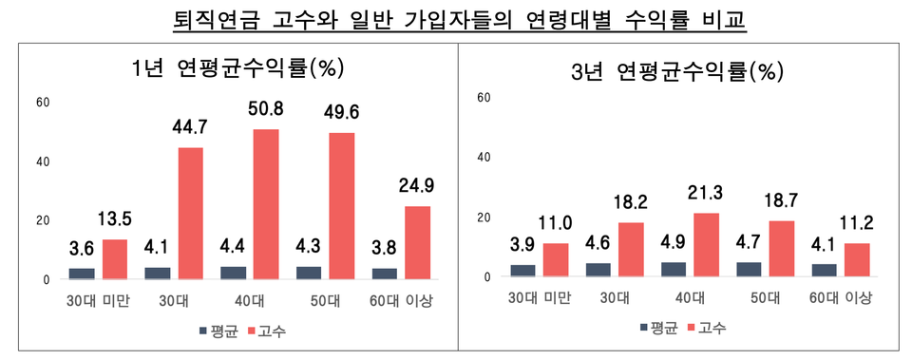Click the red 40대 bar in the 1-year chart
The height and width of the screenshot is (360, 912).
266,204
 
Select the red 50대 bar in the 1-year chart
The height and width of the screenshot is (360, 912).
342,206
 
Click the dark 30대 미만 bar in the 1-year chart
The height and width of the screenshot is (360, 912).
83,274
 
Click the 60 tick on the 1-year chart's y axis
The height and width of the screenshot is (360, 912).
42,102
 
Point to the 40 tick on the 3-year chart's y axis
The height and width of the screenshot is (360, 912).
484,157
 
